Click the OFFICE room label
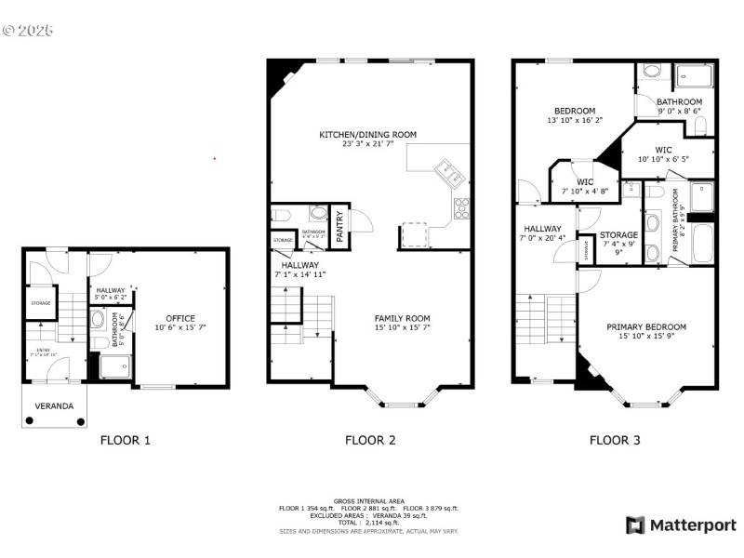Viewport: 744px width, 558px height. click(180, 318)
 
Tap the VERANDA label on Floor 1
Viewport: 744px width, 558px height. click(55, 406)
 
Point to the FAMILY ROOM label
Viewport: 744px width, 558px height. click(402, 318)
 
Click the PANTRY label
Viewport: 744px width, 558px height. click(339, 226)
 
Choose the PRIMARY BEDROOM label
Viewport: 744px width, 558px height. click(646, 326)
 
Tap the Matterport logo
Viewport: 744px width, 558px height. click(681, 525)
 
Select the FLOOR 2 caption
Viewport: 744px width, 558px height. click(370, 440)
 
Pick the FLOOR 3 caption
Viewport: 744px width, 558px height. click(615, 440)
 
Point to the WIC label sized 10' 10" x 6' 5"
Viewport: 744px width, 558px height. click(663, 150)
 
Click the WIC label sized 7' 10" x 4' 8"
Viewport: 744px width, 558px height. click(585, 182)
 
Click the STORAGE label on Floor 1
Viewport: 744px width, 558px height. click(40, 302)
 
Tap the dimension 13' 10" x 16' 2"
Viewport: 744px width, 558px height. click(574, 120)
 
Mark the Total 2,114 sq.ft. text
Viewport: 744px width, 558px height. click(370, 523)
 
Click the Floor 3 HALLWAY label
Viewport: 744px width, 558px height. click(541, 228)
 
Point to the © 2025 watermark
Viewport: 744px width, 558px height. click(28, 30)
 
